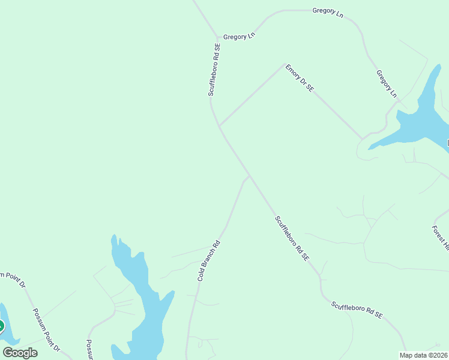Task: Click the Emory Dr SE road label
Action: [300, 78]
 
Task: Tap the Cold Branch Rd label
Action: [209, 262]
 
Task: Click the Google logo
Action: [20, 352]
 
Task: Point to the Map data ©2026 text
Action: [424, 355]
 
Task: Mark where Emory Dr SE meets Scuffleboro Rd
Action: [220, 126]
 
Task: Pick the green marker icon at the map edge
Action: [1, 326]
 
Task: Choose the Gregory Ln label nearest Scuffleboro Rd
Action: [239, 37]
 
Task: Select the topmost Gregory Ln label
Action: [328, 13]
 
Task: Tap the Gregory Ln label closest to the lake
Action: [387, 84]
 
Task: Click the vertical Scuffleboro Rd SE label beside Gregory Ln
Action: [215, 70]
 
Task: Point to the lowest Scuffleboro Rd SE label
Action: [357, 310]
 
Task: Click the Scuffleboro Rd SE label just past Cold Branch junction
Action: [292, 238]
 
